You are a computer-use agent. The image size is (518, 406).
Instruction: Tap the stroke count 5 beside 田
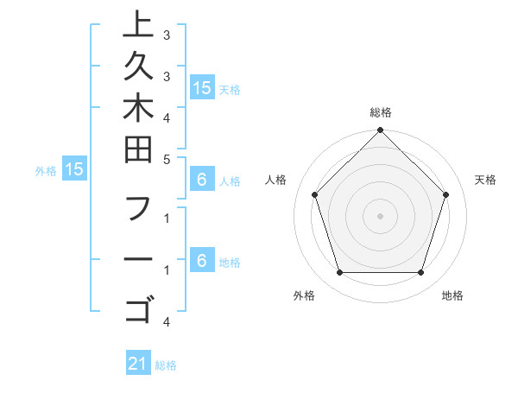(x=167, y=159)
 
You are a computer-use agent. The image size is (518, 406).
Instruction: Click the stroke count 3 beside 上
(x=167, y=37)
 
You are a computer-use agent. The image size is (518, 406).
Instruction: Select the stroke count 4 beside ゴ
(x=167, y=322)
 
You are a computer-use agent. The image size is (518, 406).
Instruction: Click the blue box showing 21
(x=138, y=364)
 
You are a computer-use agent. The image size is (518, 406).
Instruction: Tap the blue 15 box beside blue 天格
(x=202, y=87)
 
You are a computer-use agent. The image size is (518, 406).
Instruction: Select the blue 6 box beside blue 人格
(x=202, y=180)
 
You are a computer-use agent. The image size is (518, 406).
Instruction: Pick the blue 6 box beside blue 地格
(x=202, y=260)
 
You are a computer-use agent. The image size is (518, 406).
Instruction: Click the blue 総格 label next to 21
(x=166, y=365)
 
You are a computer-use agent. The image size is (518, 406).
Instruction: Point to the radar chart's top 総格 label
(x=381, y=112)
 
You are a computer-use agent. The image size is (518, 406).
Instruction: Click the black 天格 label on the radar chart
(x=486, y=180)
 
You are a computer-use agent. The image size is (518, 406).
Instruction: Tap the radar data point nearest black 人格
(x=315, y=194)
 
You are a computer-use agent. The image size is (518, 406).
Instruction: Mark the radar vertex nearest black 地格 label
(x=420, y=272)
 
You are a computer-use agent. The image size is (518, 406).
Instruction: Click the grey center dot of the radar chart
(x=381, y=215)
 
